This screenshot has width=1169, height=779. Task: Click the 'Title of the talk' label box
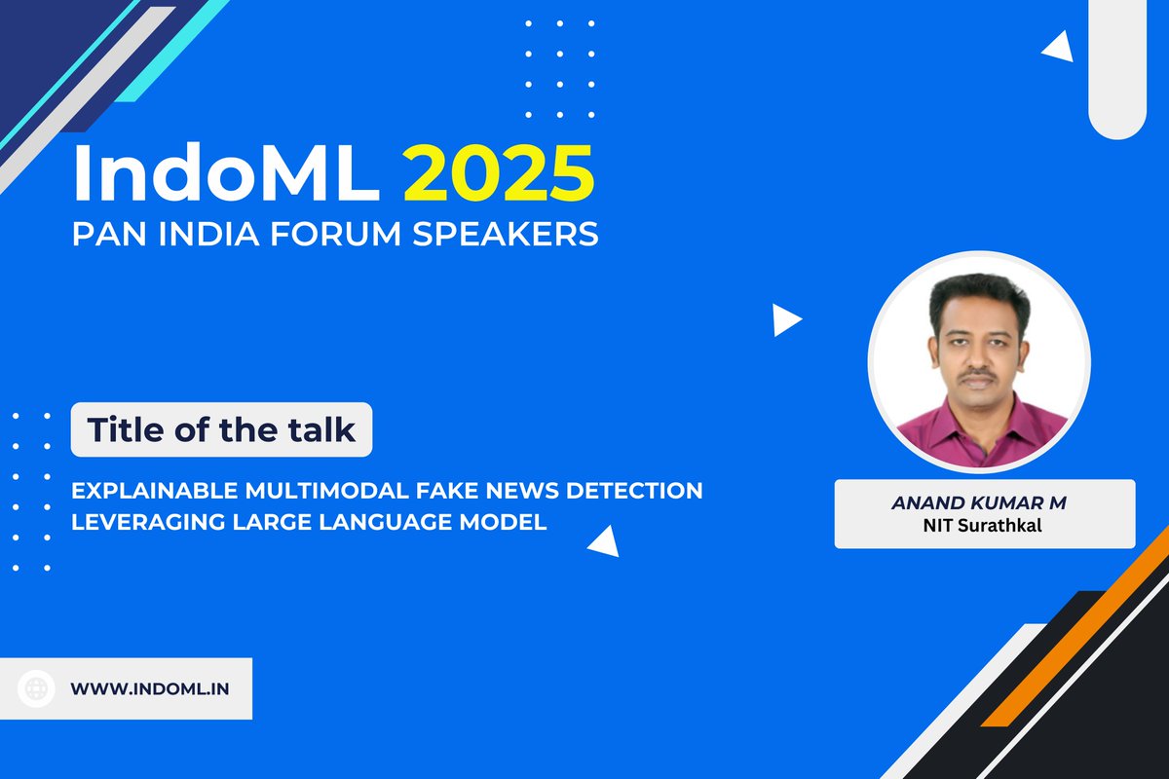(221, 429)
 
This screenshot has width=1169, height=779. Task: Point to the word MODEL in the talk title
(506, 522)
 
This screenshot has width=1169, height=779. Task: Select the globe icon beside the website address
(38, 688)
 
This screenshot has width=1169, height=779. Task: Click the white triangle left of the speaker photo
(784, 320)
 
